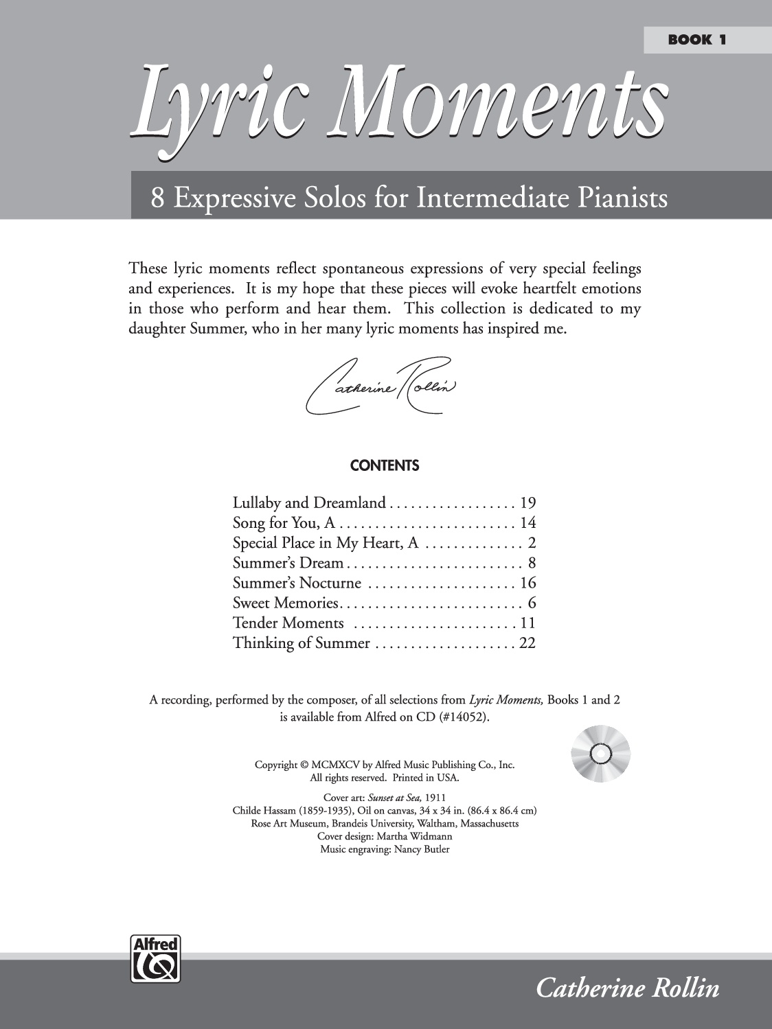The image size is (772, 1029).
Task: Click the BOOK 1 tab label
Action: pyautogui.click(x=696, y=40)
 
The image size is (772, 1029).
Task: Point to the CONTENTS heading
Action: pyautogui.click(x=385, y=465)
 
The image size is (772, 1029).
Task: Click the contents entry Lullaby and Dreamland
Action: pyautogui.click(x=309, y=503)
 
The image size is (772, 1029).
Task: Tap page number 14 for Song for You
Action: pyautogui.click(x=527, y=523)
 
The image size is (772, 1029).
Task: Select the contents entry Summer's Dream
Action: pyautogui.click(x=288, y=564)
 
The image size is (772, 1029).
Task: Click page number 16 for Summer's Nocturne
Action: pyautogui.click(x=527, y=583)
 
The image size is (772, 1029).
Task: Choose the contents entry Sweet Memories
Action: pyautogui.click(x=286, y=603)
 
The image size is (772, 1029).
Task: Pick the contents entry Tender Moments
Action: pyautogui.click(x=288, y=623)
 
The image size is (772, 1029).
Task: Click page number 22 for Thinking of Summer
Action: pyautogui.click(x=527, y=643)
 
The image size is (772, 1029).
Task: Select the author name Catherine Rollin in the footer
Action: pyautogui.click(x=627, y=988)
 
